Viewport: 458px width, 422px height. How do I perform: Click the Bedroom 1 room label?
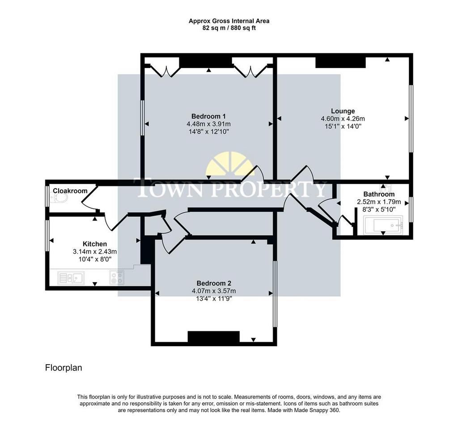[208, 116]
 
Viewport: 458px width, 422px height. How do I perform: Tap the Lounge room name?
[343, 111]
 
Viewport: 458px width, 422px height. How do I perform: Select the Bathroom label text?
[379, 194]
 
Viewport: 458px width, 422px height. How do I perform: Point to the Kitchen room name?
[95, 244]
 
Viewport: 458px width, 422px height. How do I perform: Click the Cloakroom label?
[70, 191]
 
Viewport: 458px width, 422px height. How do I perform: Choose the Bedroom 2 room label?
[214, 283]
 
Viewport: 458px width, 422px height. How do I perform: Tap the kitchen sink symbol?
[71, 277]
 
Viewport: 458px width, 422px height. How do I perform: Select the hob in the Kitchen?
[117, 277]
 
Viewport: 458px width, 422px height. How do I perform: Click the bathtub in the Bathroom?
[383, 225]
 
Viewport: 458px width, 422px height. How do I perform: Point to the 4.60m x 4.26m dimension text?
[343, 119]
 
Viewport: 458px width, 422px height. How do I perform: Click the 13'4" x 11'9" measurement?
[214, 299]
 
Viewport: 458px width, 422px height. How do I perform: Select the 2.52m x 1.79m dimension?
[379, 202]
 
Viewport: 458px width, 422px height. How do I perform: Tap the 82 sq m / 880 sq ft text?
[229, 28]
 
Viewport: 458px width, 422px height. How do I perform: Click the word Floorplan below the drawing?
[64, 367]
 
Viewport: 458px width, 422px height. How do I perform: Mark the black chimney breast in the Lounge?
[340, 63]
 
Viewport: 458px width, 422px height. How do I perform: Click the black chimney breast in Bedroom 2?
[213, 336]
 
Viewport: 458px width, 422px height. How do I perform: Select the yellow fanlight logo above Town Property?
[230, 164]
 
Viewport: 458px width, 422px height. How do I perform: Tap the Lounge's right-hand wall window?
[411, 119]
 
